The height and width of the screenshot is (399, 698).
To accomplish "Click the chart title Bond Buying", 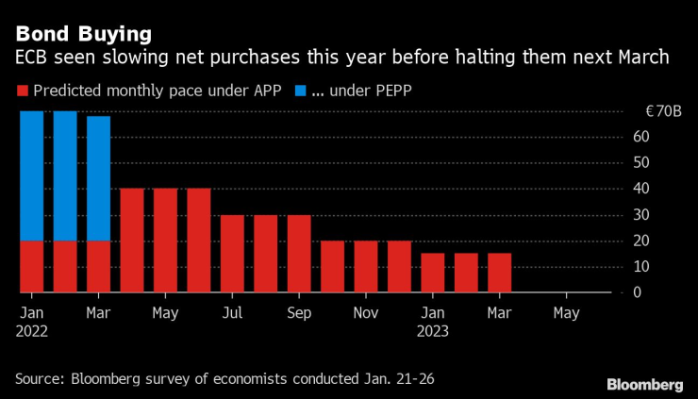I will [x=84, y=35].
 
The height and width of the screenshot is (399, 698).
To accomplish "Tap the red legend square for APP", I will [x=23, y=91].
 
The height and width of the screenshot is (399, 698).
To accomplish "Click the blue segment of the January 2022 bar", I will [x=32, y=175].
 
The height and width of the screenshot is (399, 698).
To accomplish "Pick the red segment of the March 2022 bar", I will [x=99, y=266].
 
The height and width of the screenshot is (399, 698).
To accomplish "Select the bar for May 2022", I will [x=165, y=241].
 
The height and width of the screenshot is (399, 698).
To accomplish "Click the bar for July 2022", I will [x=232, y=254].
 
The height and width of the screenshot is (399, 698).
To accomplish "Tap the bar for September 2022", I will [x=299, y=254].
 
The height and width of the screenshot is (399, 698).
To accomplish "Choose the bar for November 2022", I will [x=366, y=266].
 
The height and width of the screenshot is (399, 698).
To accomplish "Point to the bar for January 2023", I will [x=433, y=273].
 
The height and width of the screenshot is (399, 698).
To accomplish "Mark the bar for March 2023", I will [x=500, y=273].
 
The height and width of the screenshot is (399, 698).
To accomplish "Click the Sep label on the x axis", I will [x=299, y=311].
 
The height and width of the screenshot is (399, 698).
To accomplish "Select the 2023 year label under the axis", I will [x=434, y=331].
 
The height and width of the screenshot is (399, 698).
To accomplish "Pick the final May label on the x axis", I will [x=566, y=311].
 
